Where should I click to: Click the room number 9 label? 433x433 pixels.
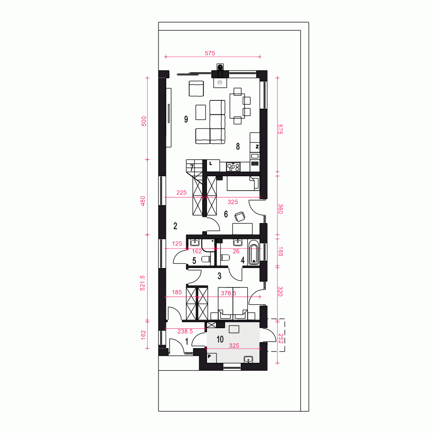186,119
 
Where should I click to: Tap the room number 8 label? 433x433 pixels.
238,146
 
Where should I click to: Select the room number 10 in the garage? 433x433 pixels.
220,339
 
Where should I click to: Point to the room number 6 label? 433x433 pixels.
226,214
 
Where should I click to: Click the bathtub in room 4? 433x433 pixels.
254,252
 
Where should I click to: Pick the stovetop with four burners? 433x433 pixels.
233,167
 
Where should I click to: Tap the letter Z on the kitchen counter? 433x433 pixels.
257,147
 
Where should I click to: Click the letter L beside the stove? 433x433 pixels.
211,164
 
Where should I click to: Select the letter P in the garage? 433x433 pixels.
209,356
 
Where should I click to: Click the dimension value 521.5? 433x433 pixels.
142,283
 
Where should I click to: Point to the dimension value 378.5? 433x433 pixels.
228,293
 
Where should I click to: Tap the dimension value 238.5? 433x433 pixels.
185,331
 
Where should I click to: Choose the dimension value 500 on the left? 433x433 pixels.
144,121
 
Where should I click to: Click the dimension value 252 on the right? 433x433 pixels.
281,339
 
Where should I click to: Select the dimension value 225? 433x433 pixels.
181,193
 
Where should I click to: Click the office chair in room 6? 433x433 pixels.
240,216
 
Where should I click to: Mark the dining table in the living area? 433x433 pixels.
237,106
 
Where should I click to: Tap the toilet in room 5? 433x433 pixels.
206,259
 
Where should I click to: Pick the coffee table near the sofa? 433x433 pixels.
201,112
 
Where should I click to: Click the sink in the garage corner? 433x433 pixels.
249,359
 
